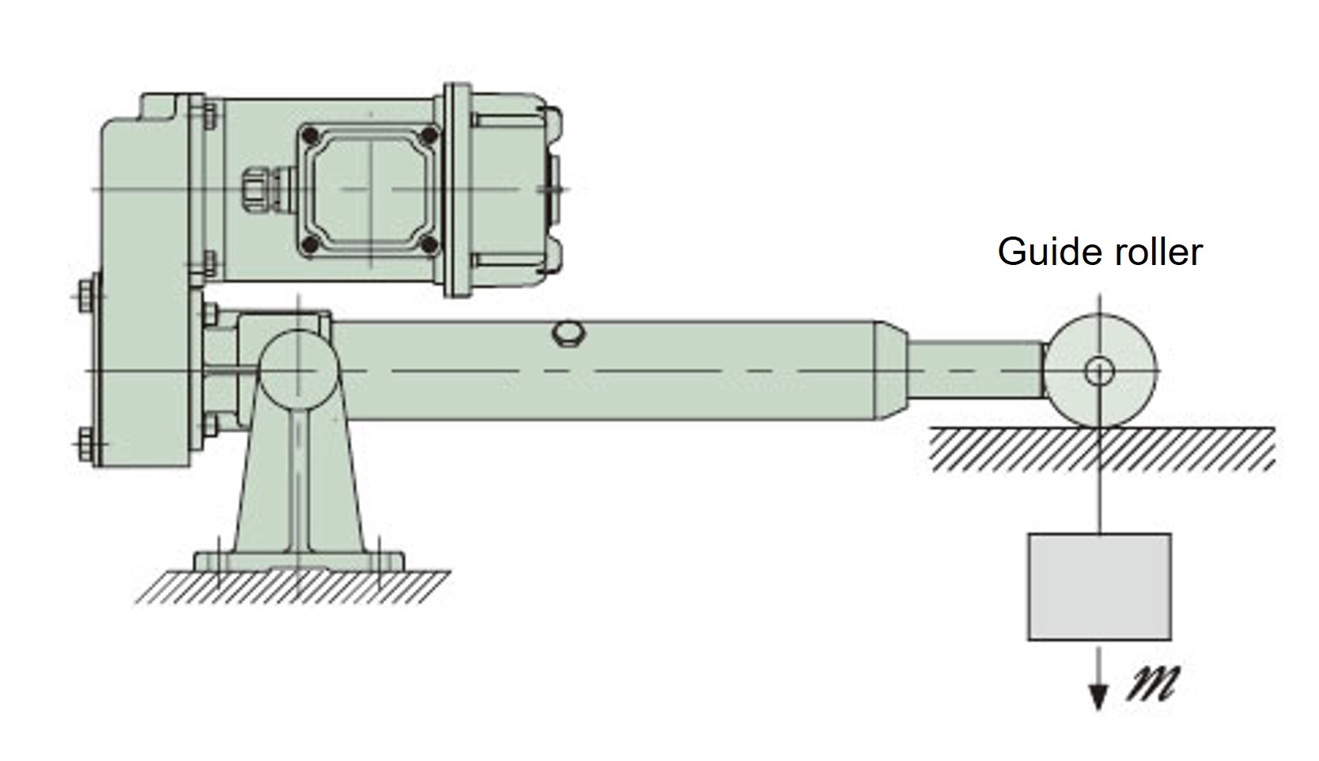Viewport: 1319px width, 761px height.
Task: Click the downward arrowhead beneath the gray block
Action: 1098,697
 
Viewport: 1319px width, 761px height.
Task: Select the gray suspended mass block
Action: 1099,586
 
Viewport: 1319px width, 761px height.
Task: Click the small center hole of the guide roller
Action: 1099,370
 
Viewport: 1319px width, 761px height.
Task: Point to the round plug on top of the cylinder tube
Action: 568,332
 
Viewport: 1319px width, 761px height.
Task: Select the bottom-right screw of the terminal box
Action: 429,246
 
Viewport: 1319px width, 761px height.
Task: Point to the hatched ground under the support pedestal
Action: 293,588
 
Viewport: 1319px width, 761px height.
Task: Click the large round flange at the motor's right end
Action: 457,191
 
